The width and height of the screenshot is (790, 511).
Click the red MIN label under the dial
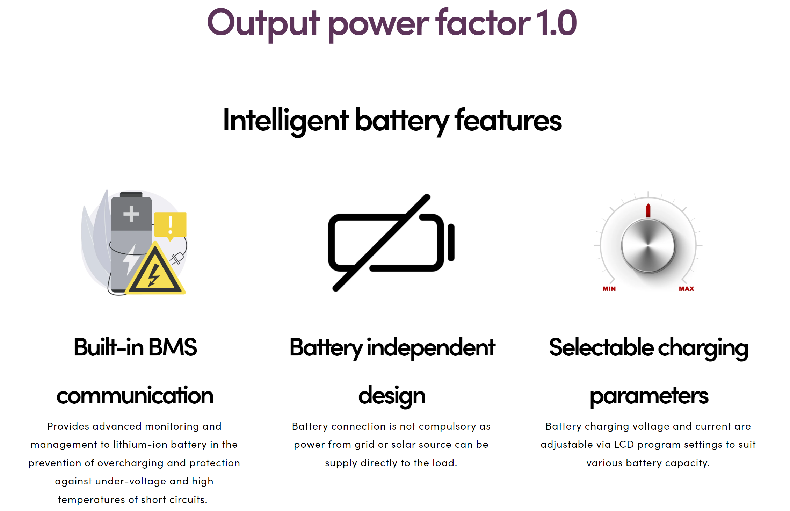click(609, 289)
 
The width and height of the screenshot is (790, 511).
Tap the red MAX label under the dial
click(686, 289)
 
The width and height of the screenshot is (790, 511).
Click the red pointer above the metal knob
click(648, 210)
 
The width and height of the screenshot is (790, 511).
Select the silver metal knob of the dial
click(648, 246)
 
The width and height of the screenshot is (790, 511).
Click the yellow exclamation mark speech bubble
click(170, 226)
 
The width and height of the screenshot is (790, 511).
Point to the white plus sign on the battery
click(131, 214)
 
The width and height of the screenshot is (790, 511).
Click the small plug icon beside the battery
click(177, 258)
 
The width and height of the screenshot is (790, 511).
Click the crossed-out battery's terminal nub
click(451, 242)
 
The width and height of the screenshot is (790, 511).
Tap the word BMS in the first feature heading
click(173, 347)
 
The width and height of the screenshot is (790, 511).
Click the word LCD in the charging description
click(624, 444)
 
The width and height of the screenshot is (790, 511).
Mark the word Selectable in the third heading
click(601, 347)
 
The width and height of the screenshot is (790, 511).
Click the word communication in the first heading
click(135, 396)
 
